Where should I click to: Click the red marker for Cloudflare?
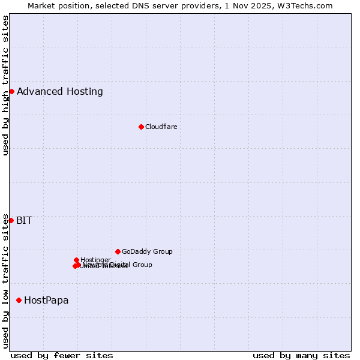141,127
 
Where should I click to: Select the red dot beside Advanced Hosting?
11,91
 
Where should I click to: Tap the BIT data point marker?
11,220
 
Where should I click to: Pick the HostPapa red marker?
19,300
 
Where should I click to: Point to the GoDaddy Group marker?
118,251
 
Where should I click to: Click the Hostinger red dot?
76,260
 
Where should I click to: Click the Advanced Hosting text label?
60,91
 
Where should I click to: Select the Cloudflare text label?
161,127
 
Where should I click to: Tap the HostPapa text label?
46,300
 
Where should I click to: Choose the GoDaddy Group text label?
147,251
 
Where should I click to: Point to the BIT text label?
25,220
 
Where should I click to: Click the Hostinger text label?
96,260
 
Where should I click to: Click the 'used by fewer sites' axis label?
62,355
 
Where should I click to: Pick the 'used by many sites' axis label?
301,355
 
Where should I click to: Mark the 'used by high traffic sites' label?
5,85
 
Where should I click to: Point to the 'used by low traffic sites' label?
5,280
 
